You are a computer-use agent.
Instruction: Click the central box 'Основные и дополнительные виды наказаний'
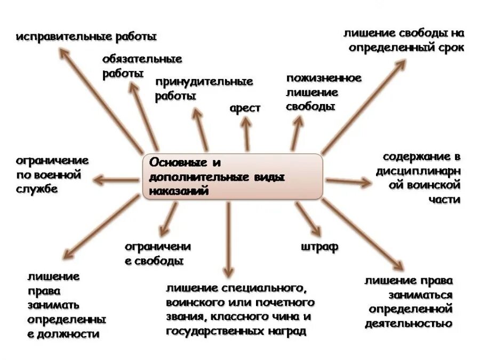pos(233,177)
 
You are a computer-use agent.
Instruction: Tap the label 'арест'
pos(245,108)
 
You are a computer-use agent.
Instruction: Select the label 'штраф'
pos(319,247)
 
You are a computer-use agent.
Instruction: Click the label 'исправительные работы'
pos(86,37)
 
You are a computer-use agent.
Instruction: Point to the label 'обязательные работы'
pos(142,66)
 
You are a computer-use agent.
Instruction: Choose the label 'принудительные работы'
pos(204,89)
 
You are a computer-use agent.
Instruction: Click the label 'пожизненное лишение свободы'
pos(323,92)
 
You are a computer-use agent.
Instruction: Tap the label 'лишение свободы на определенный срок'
pos(404,41)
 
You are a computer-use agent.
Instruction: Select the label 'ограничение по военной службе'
pos(52,174)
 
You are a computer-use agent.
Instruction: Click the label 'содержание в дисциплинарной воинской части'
pos(418,178)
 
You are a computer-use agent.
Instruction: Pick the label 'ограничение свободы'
pos(157,254)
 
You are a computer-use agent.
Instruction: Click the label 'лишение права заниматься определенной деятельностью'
pos(409,302)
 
